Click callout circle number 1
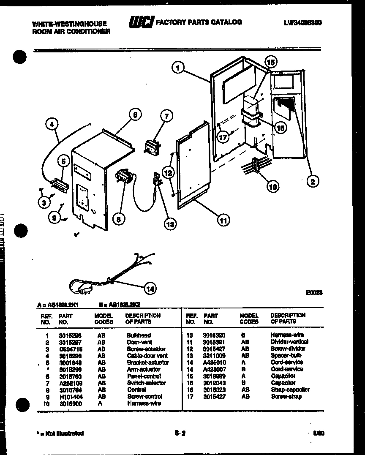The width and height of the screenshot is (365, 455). [x=179, y=68]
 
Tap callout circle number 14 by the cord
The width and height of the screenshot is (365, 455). [x=150, y=289]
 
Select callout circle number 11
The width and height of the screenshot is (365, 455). [x=223, y=219]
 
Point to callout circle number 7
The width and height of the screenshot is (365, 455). [x=166, y=116]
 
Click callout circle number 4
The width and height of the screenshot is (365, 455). [x=52, y=124]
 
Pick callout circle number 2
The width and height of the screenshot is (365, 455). [x=313, y=181]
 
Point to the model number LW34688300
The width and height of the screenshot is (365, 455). [x=302, y=23]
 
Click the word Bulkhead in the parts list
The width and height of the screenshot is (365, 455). [x=139, y=335]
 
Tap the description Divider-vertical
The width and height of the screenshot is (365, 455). [x=289, y=342]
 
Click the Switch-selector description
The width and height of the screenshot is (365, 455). [x=146, y=383]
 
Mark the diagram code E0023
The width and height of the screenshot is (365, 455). [x=315, y=292]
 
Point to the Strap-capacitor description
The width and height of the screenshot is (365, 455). [x=290, y=390]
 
